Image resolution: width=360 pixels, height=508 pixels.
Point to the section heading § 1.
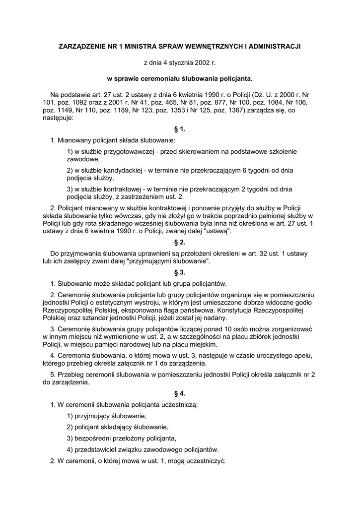pyautogui.click(x=180, y=129)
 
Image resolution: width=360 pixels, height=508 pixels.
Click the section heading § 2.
pyautogui.click(x=180, y=242)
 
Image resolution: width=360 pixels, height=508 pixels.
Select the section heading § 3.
pyautogui.click(x=180, y=272)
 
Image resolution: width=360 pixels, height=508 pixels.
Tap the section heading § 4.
pyautogui.click(x=180, y=393)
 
